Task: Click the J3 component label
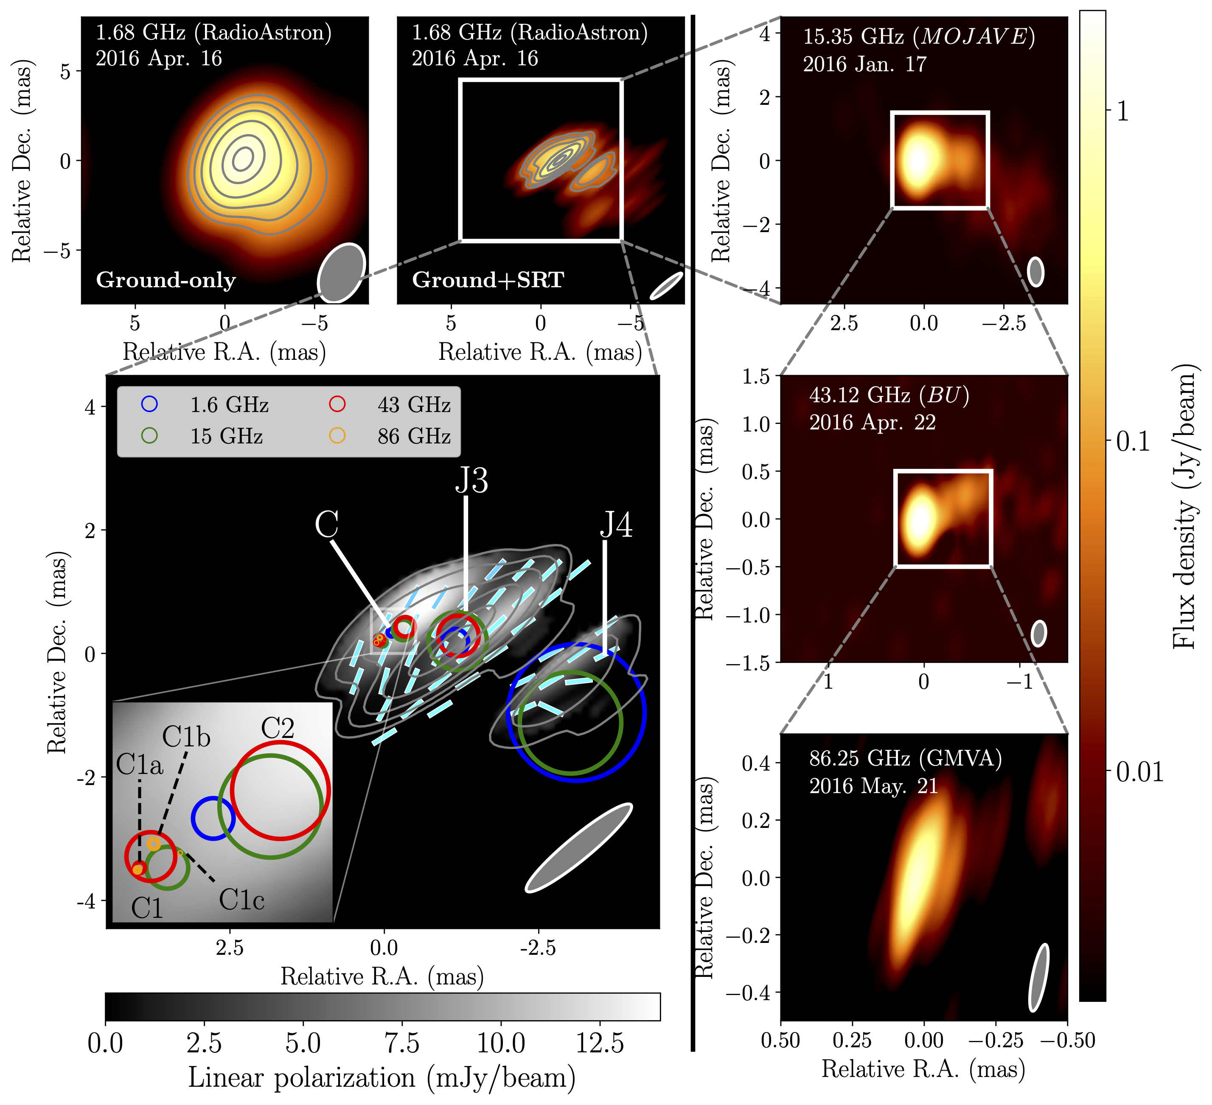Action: click(471, 480)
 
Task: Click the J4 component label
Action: click(616, 525)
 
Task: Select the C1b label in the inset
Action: click(186, 737)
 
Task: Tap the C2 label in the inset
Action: click(278, 729)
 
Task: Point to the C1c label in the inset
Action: click(242, 900)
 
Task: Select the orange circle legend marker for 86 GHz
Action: click(337, 436)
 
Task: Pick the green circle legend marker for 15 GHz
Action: click(150, 436)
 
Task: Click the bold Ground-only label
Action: click(166, 280)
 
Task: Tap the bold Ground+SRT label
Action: click(488, 280)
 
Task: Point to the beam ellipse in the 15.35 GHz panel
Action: click(1035, 272)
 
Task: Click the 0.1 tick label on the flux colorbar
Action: click(1133, 442)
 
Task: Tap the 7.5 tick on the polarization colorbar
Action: click(401, 1043)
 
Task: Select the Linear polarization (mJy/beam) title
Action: click(382, 1078)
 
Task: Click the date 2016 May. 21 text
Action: click(873, 786)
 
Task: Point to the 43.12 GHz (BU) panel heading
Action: click(889, 395)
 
